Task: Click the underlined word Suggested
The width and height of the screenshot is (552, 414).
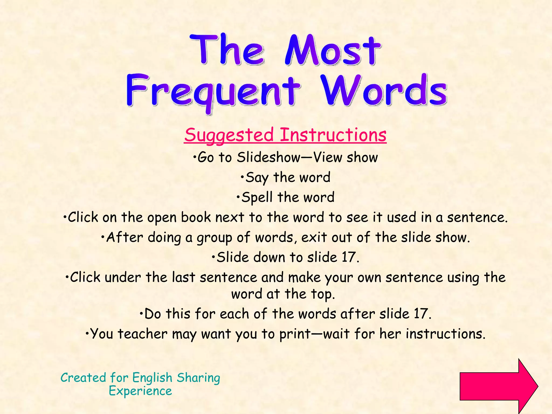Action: pos(229,135)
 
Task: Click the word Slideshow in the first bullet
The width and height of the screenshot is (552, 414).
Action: pos(268,157)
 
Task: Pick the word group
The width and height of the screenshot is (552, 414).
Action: pos(214,238)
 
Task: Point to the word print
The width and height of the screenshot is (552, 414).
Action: pos(295,334)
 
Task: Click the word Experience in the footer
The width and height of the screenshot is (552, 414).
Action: pos(140,391)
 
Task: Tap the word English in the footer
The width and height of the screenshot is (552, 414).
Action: pos(152,378)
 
